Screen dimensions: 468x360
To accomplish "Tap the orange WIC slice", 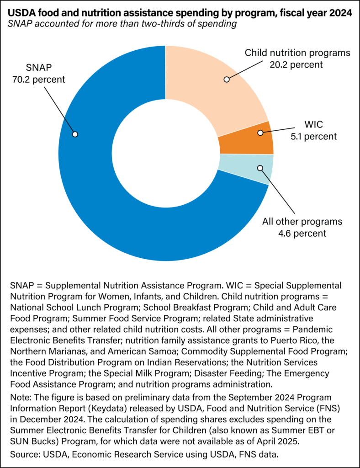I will coord(247,138).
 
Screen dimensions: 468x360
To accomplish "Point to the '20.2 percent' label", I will coord(296,64).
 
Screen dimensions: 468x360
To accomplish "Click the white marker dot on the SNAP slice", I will coord(75,134).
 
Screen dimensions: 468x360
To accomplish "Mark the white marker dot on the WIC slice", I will coord(260,133).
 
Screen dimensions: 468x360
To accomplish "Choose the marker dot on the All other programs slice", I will coord(260,168).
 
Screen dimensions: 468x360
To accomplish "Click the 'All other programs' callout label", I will coord(302,222).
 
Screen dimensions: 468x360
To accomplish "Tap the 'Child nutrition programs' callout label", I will coord(297,53).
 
